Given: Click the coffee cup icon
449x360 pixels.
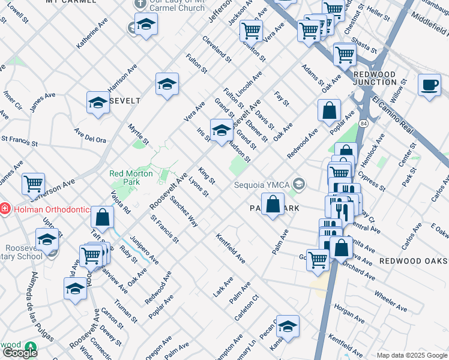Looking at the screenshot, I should tap(429, 85).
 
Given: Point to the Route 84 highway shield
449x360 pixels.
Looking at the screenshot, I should tap(364, 123).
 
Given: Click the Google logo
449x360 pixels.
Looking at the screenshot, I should tap(20, 353).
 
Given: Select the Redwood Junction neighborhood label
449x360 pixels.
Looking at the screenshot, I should tap(375, 78).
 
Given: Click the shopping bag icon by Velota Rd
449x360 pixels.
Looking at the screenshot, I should tap(103, 218).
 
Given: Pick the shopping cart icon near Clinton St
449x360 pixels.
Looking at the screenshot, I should tap(251, 31).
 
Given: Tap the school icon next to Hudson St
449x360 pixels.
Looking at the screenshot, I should tap(221, 130).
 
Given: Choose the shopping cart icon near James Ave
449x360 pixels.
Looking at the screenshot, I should tap(34, 184).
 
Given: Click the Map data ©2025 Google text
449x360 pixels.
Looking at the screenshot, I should tap(412, 355).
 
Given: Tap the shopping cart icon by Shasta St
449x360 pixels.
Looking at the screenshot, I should tap(345, 55).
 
